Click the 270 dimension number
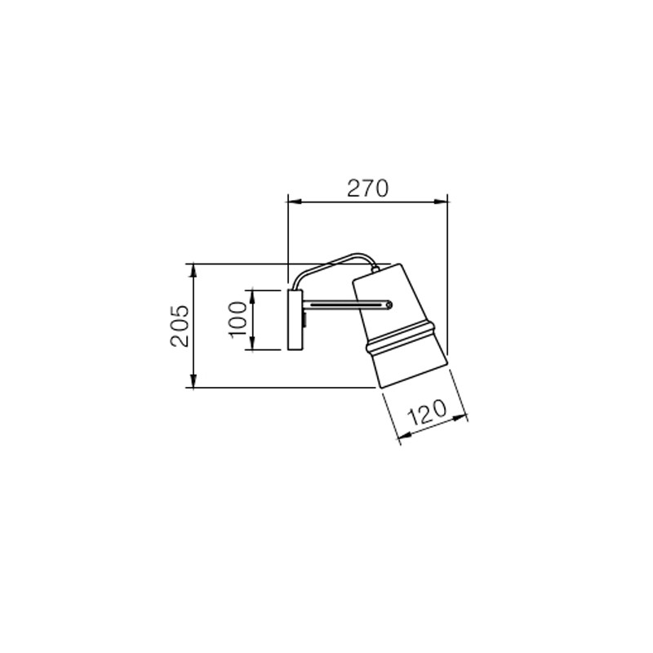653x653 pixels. (x=368, y=188)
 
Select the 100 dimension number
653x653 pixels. (x=238, y=320)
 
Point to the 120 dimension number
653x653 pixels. (x=426, y=412)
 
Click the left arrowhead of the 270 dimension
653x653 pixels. (x=294, y=202)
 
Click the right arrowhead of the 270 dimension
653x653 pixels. (x=441, y=202)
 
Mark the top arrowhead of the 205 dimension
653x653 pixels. (x=193, y=271)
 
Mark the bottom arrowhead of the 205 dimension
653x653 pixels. (x=193, y=381)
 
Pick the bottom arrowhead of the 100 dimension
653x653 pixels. (x=252, y=343)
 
